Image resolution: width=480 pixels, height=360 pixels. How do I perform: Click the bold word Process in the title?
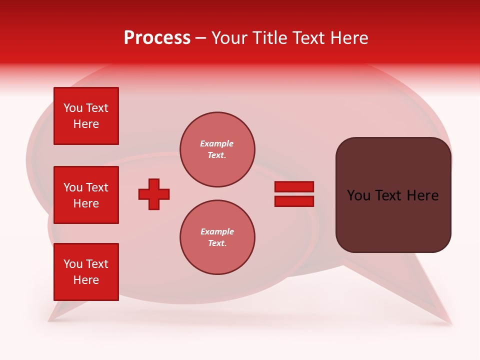(157, 38)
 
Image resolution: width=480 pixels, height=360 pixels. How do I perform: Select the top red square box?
(86, 116)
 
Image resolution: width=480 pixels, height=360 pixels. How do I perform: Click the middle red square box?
(86, 195)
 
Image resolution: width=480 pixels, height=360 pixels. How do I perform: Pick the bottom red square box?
(86, 272)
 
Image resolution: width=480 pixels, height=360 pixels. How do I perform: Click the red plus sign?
(154, 194)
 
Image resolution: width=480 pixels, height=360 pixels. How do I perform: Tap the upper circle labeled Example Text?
(217, 149)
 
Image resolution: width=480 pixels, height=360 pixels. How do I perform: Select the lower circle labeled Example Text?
(217, 237)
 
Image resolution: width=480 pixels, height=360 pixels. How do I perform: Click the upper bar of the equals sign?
(294, 186)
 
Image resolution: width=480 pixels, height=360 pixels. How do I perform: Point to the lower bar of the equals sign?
(294, 201)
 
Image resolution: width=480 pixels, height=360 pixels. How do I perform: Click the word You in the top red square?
(73, 108)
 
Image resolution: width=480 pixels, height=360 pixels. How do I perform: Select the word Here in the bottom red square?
(86, 280)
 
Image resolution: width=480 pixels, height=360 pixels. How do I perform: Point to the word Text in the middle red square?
(97, 187)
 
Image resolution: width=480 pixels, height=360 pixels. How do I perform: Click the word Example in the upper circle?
(216, 143)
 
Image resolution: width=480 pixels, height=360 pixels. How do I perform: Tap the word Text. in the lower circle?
(217, 243)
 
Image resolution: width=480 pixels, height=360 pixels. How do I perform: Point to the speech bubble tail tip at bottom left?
(49, 320)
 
